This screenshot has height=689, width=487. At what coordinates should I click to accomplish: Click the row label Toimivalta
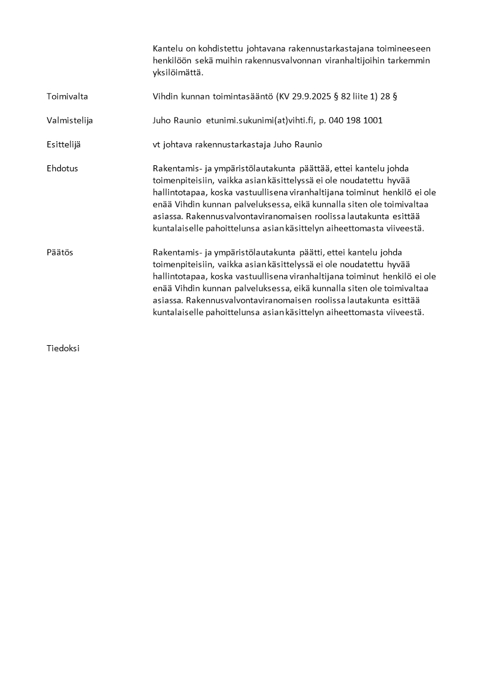67,96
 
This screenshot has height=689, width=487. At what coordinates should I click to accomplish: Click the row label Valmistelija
69,120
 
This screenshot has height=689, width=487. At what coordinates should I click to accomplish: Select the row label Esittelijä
63,144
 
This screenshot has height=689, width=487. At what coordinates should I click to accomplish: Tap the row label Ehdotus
62,168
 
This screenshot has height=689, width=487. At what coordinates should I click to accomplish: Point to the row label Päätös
59,252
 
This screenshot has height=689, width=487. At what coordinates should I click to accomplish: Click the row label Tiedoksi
63,348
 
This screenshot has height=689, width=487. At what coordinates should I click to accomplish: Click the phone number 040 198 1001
355,120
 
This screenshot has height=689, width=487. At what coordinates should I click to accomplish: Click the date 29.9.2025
312,96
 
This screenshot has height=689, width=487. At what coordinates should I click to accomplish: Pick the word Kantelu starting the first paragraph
167,48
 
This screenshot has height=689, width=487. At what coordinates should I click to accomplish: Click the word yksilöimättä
177,72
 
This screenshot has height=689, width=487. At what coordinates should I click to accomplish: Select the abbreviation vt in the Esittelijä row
157,144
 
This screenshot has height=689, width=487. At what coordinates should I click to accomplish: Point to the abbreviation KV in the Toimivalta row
285,96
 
